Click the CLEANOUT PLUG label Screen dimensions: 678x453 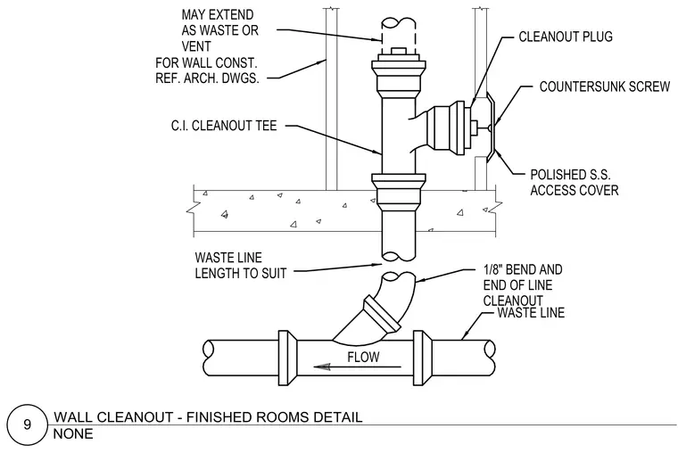(x=566, y=37)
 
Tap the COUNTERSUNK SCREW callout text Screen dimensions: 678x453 (x=605, y=86)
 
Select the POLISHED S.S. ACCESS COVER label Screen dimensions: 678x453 (x=575, y=183)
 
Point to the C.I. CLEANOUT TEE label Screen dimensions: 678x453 (x=224, y=126)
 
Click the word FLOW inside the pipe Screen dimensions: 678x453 (x=363, y=357)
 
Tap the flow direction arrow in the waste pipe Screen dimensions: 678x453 (x=357, y=367)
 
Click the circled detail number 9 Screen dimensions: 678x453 (x=28, y=424)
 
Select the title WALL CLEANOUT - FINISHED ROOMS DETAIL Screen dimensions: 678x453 (x=208, y=417)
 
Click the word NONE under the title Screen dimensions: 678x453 (x=73, y=433)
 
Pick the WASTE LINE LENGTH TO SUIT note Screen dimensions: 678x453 (x=240, y=266)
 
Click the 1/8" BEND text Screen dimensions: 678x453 (x=523, y=269)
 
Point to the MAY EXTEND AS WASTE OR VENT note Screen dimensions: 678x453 (x=219, y=30)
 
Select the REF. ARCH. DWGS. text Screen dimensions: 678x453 (x=207, y=78)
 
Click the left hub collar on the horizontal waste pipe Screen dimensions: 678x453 (x=286, y=358)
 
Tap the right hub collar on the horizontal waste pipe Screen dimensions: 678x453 (x=423, y=358)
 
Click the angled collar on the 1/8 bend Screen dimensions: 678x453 (x=382, y=314)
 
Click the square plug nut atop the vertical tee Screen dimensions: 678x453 (x=399, y=51)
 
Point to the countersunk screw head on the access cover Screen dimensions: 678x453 (x=490, y=128)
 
